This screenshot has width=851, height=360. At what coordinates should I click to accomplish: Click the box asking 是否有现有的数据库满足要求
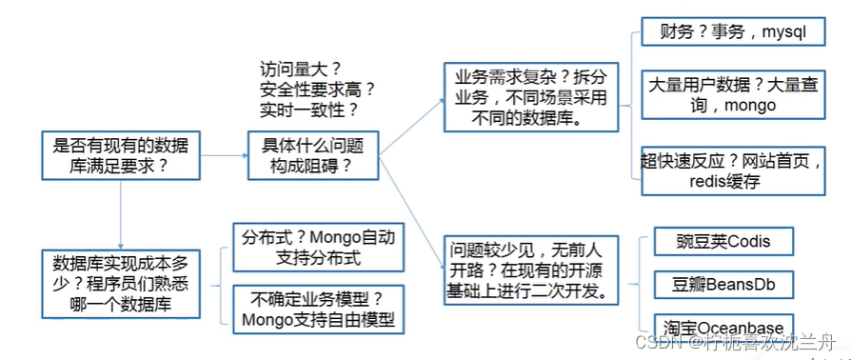121,155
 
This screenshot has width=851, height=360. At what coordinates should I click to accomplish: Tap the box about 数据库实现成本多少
121,284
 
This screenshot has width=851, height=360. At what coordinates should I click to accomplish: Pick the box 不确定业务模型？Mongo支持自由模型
317,308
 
